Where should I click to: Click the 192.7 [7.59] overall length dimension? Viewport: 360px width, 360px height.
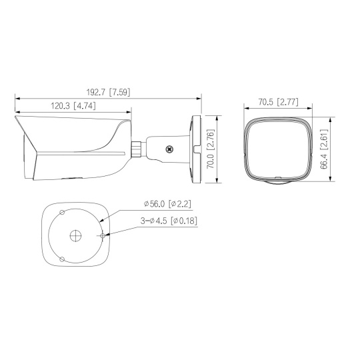(108, 92)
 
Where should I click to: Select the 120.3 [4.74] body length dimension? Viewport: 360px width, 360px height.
(73, 106)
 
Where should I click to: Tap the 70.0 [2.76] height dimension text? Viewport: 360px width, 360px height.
(211, 149)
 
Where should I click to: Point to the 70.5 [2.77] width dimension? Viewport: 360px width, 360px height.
(279, 102)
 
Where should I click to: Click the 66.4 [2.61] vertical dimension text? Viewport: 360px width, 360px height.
(324, 149)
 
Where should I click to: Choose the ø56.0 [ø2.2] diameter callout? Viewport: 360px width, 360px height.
(167, 204)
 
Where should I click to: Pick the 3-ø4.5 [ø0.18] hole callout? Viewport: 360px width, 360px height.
(169, 221)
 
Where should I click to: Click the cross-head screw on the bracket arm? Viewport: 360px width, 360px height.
(169, 149)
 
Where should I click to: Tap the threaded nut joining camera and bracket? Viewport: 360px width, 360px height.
(136, 149)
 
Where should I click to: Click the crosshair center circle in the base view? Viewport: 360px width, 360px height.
(75, 235)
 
